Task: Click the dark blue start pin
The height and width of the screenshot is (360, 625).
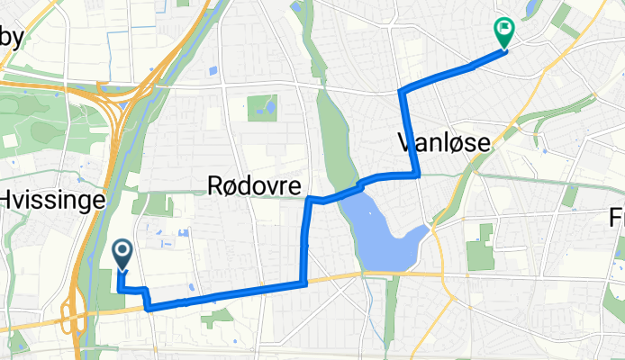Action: point(122,253)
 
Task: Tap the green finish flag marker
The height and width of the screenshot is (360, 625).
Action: point(503,32)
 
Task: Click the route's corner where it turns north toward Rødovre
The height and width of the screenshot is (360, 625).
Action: point(304,283)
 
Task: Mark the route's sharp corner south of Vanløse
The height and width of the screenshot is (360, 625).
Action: point(416,175)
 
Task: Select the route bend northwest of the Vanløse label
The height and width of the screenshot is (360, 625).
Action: point(402,92)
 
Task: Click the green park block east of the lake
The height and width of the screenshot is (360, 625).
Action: point(480,246)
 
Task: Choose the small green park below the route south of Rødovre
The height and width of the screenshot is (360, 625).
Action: point(219,316)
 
